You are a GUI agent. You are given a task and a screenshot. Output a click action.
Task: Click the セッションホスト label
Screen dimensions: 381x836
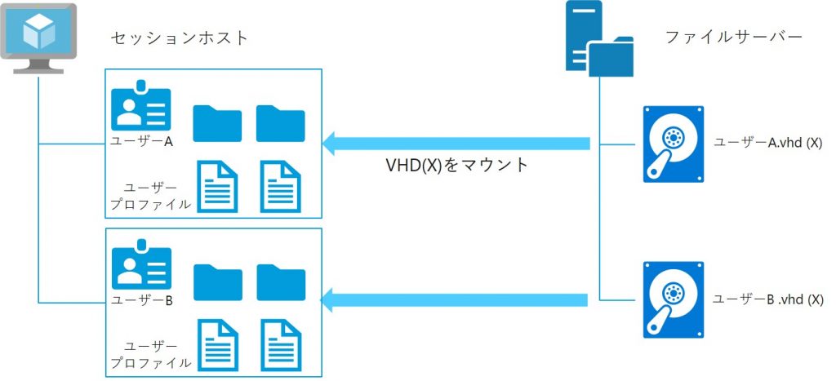179,38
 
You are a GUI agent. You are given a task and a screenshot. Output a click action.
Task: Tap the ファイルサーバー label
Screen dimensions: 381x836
733,38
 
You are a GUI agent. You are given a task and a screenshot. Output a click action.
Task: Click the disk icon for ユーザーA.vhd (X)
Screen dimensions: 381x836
673,144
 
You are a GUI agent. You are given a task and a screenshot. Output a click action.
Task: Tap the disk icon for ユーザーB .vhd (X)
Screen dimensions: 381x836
673,299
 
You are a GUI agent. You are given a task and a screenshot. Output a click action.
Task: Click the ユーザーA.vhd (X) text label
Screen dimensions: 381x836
767,143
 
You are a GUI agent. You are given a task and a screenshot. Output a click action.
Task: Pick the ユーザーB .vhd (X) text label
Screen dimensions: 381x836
767,299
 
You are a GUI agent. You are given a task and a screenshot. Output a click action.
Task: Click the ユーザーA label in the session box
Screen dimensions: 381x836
141,140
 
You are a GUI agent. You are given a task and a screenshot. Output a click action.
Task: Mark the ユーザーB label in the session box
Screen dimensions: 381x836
141,299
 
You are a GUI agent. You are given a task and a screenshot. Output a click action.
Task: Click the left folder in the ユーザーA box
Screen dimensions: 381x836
217,123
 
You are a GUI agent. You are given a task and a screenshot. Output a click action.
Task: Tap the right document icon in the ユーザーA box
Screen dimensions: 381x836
281,185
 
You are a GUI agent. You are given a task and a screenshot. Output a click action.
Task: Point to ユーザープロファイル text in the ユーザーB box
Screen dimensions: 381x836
152,354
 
